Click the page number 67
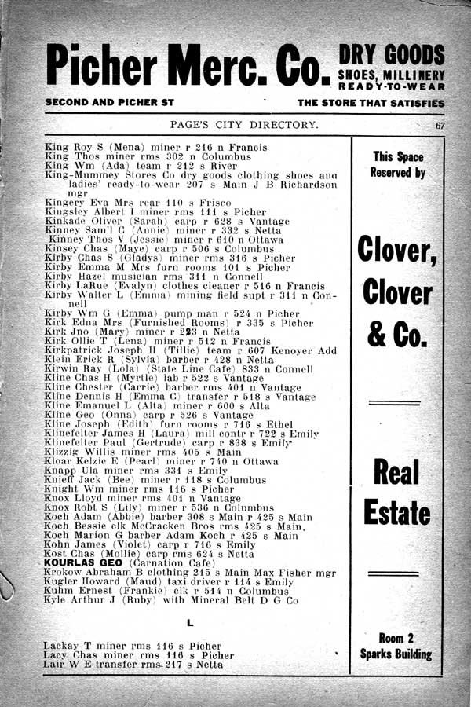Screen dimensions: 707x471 coord(441,126)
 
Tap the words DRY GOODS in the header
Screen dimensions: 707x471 coord(392,55)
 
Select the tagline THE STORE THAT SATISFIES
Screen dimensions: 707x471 coord(371,103)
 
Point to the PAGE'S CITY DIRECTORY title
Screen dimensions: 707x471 coord(244,126)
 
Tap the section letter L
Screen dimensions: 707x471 coord(191,623)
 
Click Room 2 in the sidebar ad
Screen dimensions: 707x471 coord(396,638)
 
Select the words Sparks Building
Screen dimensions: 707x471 coord(396,654)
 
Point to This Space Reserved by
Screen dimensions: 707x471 coord(397,164)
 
